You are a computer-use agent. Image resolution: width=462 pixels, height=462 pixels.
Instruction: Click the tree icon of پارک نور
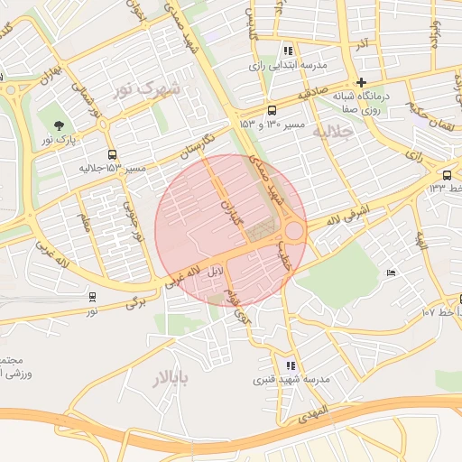[60, 125]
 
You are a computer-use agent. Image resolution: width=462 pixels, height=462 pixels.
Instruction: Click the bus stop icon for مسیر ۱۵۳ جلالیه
[112, 154]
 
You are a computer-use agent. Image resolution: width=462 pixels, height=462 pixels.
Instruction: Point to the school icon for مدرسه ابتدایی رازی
[288, 51]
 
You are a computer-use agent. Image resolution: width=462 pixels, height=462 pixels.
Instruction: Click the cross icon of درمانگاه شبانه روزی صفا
[361, 81]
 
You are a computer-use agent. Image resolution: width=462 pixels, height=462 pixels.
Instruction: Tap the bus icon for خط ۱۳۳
[447, 175]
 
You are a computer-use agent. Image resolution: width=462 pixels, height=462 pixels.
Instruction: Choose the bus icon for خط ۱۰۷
[456, 299]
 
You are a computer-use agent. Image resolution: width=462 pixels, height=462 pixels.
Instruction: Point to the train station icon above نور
[92, 297]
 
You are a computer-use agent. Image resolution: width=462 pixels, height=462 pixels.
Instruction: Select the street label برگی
[135, 303]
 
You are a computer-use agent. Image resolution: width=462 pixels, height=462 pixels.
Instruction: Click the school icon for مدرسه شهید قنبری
[290, 365]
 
